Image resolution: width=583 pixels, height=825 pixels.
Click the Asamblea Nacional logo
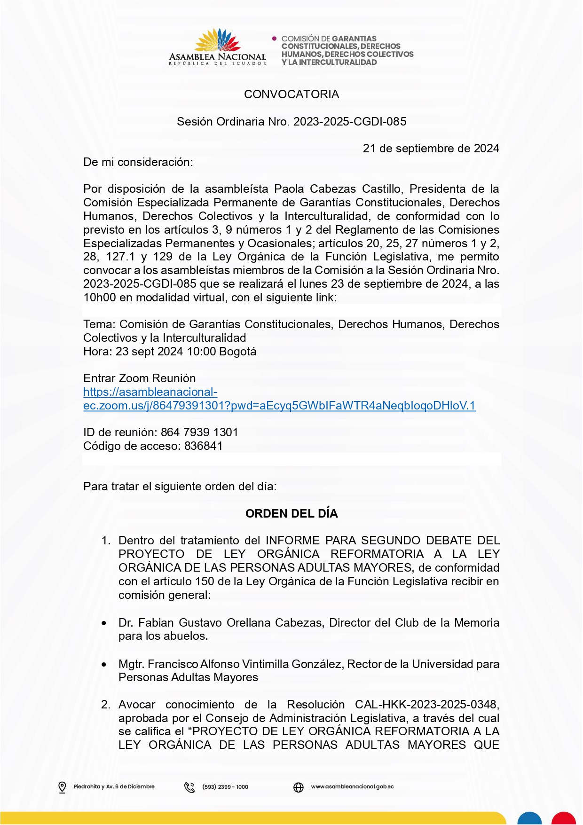tap(218, 47)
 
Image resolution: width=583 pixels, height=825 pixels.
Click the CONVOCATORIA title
tap(291, 94)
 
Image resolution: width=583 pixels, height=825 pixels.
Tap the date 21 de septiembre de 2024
tap(431, 149)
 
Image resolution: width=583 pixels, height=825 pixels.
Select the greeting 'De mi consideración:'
tap(138, 162)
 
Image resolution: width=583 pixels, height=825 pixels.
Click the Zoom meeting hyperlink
tap(279, 406)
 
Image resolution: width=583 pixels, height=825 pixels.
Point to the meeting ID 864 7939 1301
tap(199, 432)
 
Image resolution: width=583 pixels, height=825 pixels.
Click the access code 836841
tap(204, 446)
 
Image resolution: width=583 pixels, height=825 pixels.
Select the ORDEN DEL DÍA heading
tap(291, 514)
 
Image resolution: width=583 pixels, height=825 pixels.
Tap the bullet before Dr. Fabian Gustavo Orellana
tap(104, 623)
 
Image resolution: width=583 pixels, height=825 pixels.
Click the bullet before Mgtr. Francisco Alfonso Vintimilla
tap(104, 665)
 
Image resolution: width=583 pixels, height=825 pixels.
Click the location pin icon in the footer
tap(62, 787)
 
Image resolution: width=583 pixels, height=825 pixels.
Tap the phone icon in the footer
tap(189, 787)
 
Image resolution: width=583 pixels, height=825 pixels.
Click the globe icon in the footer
tap(299, 787)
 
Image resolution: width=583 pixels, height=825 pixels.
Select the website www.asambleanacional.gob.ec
tap(352, 787)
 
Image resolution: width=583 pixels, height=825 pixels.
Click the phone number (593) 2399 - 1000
tap(225, 787)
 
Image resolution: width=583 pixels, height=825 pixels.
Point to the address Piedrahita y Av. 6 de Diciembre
tap(114, 787)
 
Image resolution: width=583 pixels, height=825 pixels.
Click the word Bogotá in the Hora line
tap(238, 352)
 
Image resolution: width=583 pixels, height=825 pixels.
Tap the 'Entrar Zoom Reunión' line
tap(139, 378)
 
